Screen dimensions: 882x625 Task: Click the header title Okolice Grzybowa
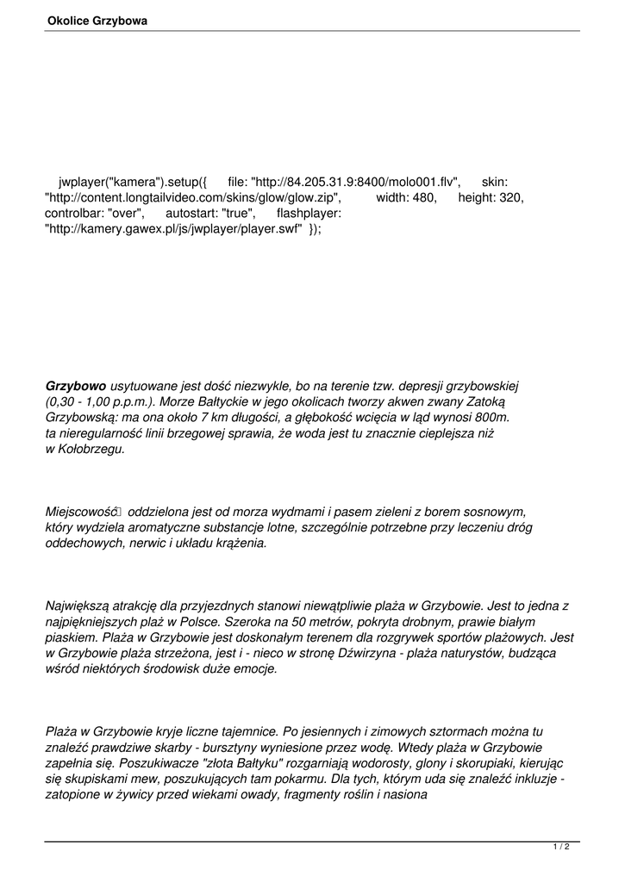pyautogui.click(x=97, y=21)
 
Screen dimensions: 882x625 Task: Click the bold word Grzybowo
pyautogui.click(x=76, y=387)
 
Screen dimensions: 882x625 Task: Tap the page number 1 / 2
pyautogui.click(x=561, y=847)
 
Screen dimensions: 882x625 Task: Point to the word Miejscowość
pyautogui.click(x=83, y=512)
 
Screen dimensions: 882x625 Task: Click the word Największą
pyautogui.click(x=78, y=606)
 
